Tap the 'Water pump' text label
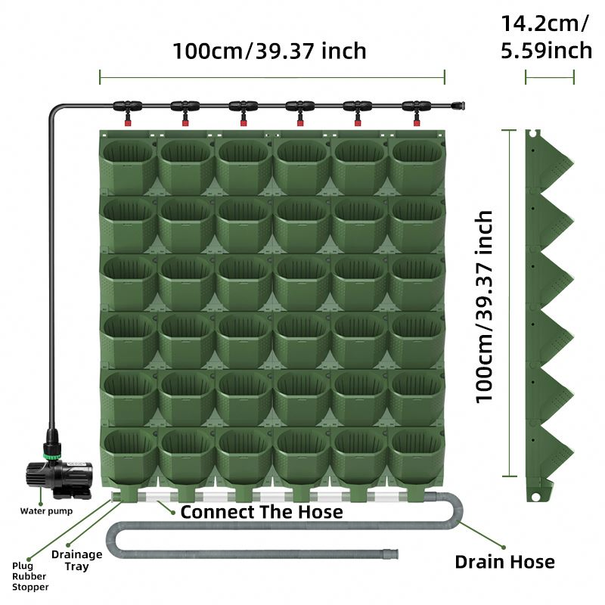click(x=45, y=511)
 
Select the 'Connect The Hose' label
click(x=261, y=512)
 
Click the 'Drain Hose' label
click(x=504, y=562)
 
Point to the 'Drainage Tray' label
click(x=77, y=560)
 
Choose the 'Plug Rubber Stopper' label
click(x=30, y=576)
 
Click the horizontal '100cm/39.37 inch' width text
click(x=269, y=51)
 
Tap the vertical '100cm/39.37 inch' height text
click(x=484, y=306)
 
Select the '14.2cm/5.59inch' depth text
click(x=546, y=36)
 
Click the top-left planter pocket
click(x=128, y=162)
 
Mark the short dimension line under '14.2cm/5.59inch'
click(x=550, y=76)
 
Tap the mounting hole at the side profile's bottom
click(x=536, y=497)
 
